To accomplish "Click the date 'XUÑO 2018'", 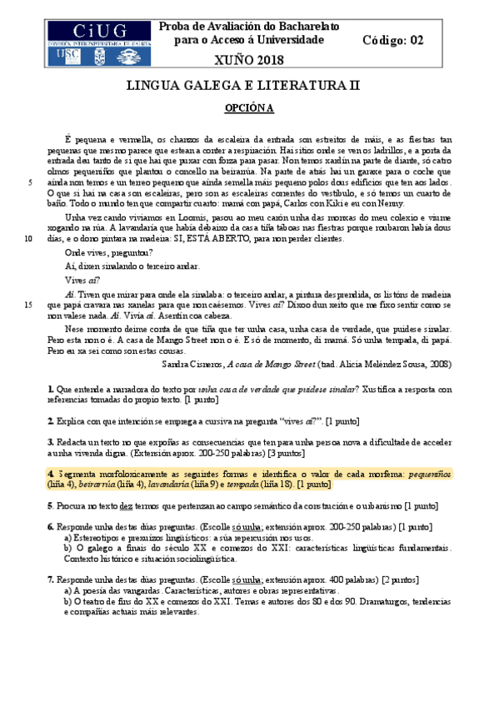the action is (249, 59).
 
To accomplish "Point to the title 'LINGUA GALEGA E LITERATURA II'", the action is (249, 85).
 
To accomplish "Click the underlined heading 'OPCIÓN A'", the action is (249, 108).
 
